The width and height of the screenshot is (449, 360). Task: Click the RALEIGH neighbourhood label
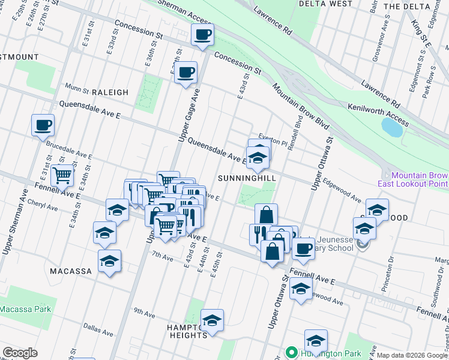coord(110,92)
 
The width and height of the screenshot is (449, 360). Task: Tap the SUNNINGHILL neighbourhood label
coord(247,179)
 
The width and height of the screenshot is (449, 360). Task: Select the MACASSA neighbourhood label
coord(71,271)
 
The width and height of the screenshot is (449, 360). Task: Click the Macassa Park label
coord(25,309)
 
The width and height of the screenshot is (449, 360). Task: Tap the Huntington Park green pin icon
coord(292,352)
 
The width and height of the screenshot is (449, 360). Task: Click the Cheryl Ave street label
coord(44,208)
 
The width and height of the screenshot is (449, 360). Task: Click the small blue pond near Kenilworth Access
coord(391,127)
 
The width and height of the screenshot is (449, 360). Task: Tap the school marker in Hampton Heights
coord(212,321)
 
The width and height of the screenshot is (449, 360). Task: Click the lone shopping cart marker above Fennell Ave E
coord(62,176)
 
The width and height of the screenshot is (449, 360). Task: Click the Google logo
coord(20,353)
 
